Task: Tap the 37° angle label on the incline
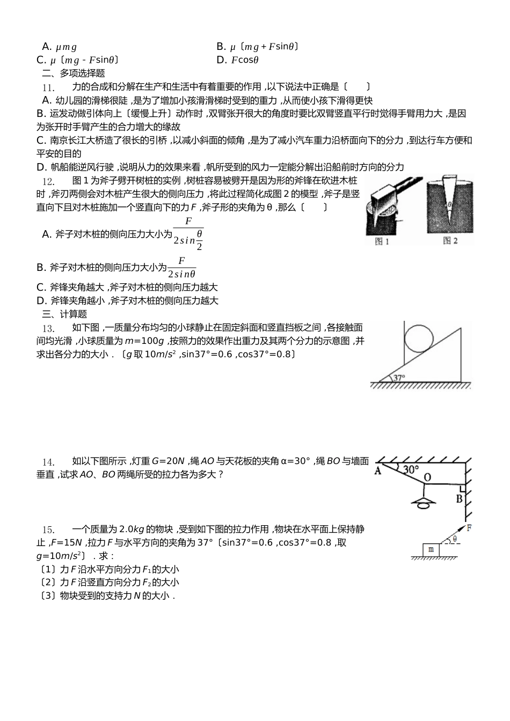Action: (x=399, y=377)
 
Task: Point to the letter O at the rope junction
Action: (x=427, y=477)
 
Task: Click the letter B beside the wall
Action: (x=459, y=499)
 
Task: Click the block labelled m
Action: (x=431, y=550)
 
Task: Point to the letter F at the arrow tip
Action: (x=469, y=528)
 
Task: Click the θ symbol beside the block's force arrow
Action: (x=455, y=539)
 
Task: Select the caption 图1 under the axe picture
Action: (x=382, y=242)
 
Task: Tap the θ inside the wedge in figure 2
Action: (x=449, y=204)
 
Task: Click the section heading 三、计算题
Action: (x=64, y=314)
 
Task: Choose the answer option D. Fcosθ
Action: (x=237, y=60)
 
